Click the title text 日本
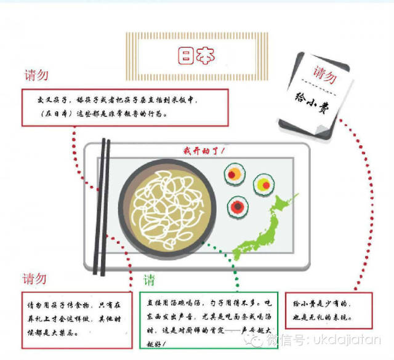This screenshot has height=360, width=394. (x=197, y=56)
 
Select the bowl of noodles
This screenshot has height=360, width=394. (x=162, y=203)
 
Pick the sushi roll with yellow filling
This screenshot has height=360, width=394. (x=265, y=183)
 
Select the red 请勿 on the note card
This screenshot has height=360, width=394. (x=325, y=73)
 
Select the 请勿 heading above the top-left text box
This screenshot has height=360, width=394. (x=36, y=76)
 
